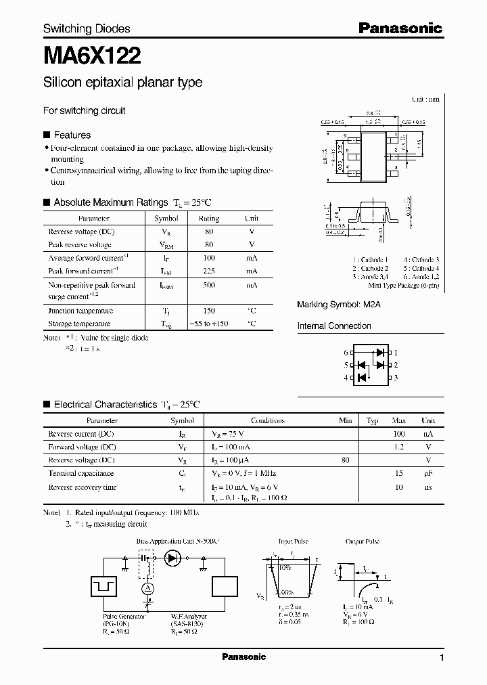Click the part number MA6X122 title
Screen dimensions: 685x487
[92, 53]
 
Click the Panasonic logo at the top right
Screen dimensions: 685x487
[400, 28]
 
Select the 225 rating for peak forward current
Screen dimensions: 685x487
[208, 271]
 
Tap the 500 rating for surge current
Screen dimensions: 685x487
[208, 286]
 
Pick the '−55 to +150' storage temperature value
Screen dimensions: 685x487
[208, 324]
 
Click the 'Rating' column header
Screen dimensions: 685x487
[208, 219]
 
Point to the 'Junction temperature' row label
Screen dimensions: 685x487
[80, 311]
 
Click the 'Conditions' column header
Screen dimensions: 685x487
[267, 420]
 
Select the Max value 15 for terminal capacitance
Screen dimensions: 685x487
[400, 473]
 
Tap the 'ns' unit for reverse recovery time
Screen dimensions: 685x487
[428, 487]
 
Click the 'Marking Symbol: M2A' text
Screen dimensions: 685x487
[339, 305]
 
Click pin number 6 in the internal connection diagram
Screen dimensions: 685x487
[345, 353]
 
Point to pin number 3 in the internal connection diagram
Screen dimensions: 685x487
[396, 378]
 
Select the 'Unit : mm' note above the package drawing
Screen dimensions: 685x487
[425, 99]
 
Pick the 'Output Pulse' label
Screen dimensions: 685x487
[363, 542]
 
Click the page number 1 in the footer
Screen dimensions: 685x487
[442, 657]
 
